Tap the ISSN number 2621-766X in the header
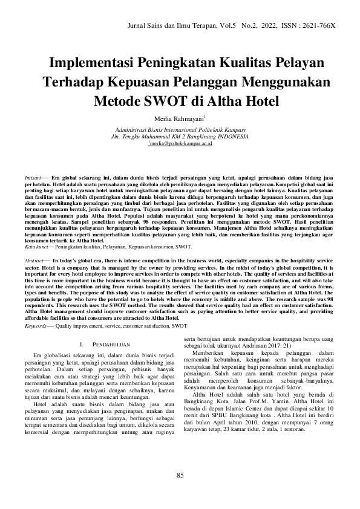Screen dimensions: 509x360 (x=319, y=26)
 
